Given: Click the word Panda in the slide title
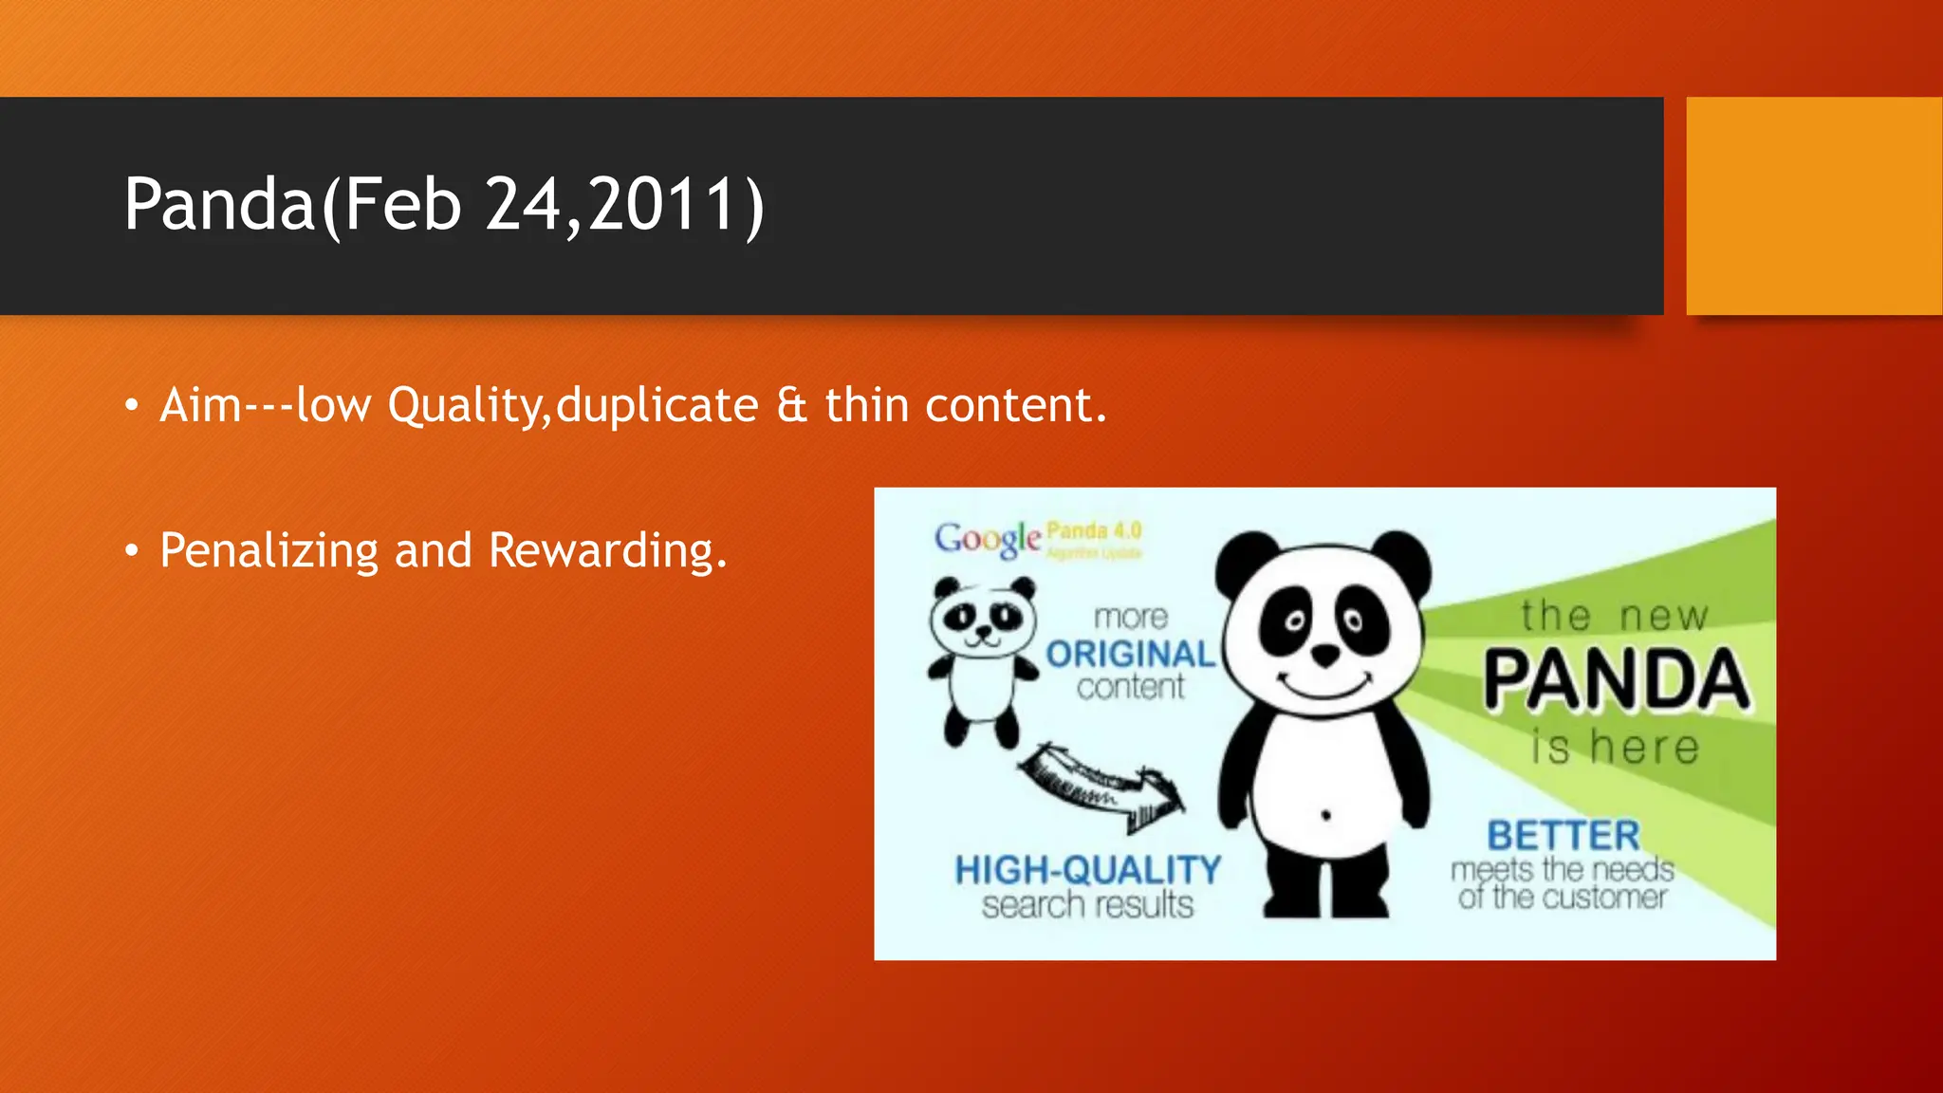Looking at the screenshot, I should click(218, 204).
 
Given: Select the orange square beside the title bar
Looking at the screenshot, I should click(1813, 206).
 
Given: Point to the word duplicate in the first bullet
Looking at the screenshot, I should click(657, 406).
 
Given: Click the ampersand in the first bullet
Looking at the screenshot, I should click(791, 406).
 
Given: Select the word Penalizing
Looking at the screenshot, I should click(268, 551).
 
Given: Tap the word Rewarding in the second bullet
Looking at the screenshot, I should click(607, 551).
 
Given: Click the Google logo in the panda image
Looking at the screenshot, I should click(987, 539).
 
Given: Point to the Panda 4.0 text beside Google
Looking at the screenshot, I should click(1094, 531).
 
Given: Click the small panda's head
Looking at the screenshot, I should click(983, 619).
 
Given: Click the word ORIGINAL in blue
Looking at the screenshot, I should click(1129, 654).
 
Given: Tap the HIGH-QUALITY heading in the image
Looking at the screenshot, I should click(1087, 870).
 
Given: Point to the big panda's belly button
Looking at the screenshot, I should click(1325, 815).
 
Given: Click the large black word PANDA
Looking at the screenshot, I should click(1616, 680).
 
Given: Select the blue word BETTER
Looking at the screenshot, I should click(1563, 836).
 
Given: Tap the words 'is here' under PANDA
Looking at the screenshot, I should click(1616, 747).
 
